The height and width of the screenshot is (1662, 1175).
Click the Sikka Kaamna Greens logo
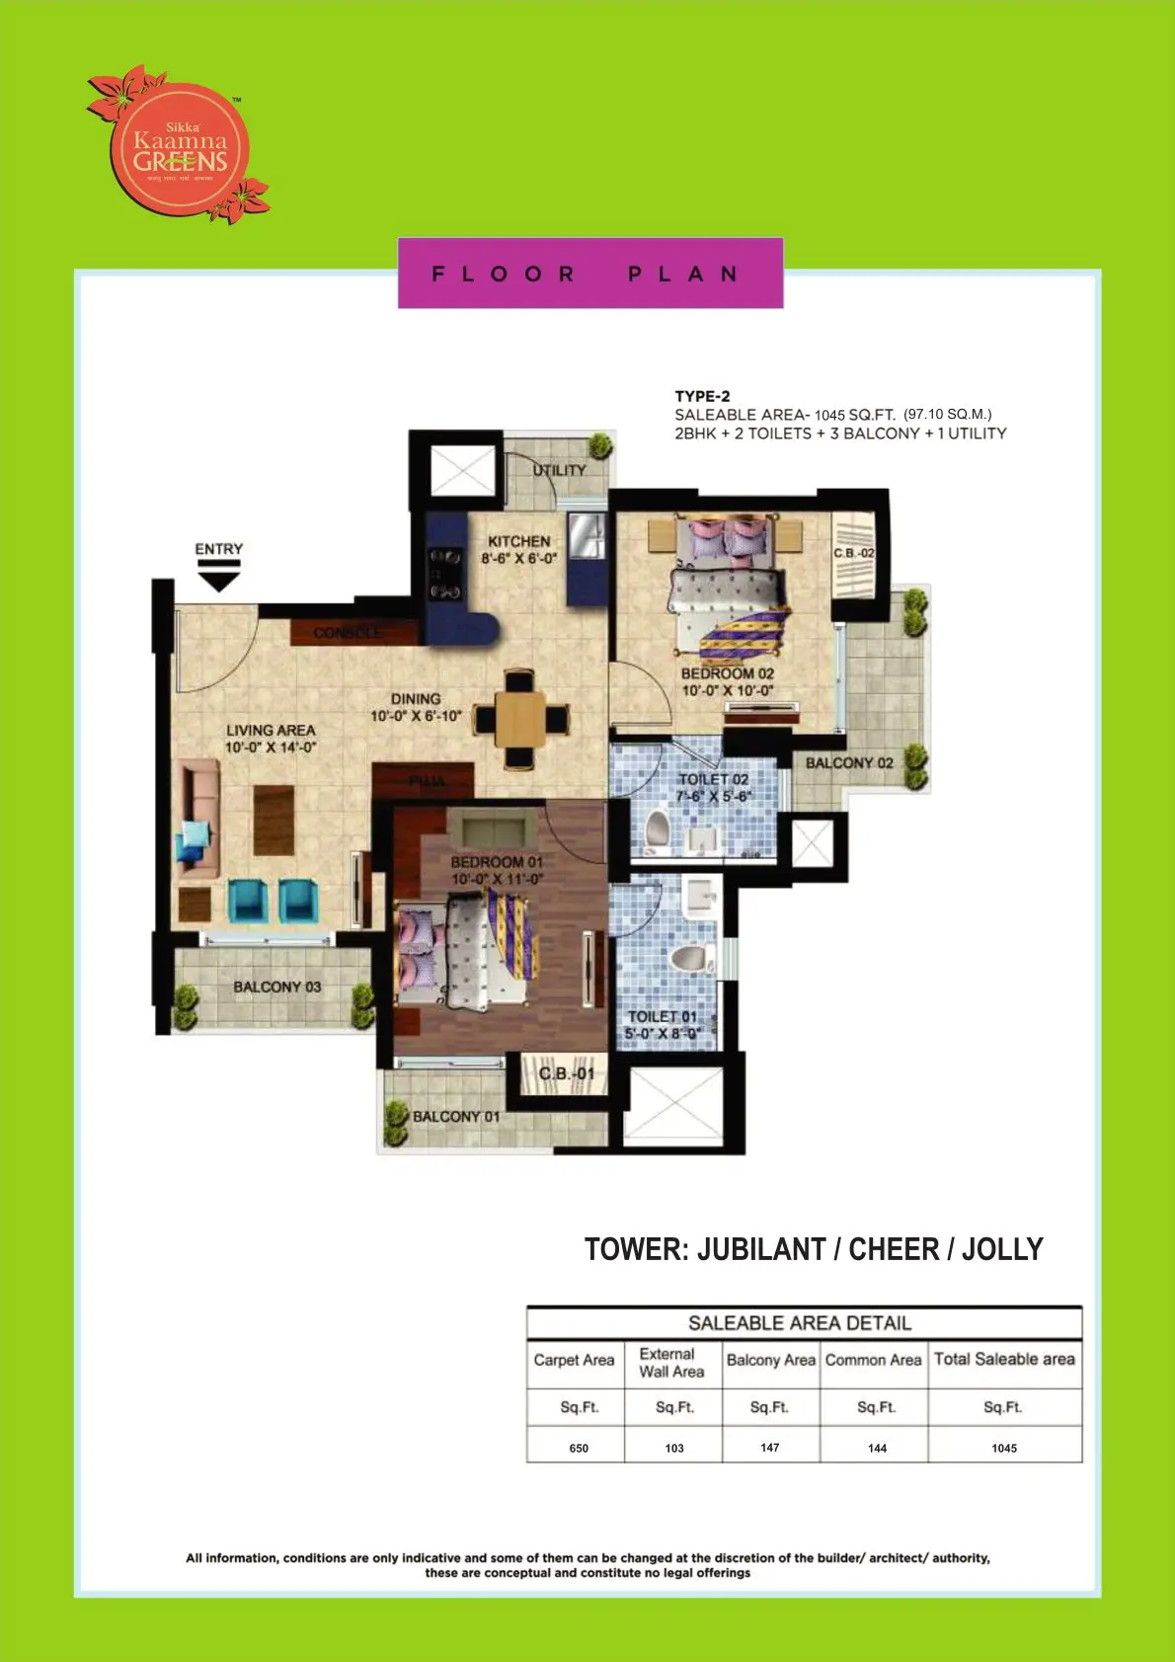(x=180, y=147)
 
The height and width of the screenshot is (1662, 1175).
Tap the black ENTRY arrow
(x=219, y=575)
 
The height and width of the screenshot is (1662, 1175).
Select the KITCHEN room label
(x=519, y=541)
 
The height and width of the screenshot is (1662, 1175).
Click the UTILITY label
(x=559, y=470)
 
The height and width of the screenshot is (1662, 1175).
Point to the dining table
(x=520, y=718)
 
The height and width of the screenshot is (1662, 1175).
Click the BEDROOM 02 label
(x=728, y=673)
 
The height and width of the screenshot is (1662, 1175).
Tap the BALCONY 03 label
(x=277, y=987)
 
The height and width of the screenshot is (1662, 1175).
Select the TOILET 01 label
(x=663, y=1016)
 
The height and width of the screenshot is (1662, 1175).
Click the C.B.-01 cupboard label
(x=567, y=1073)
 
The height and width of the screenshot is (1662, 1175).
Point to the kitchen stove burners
(x=444, y=574)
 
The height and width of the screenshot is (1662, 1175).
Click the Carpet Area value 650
(x=579, y=1448)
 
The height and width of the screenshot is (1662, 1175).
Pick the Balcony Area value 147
(x=770, y=1447)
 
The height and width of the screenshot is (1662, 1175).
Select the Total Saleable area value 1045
(x=1004, y=1448)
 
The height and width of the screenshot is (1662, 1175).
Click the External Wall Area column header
(x=671, y=1363)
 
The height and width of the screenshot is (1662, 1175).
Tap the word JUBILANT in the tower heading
(x=761, y=1249)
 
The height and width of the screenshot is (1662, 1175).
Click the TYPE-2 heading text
(x=702, y=396)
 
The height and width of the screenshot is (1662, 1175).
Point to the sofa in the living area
(x=197, y=818)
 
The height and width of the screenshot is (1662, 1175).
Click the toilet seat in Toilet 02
(x=658, y=829)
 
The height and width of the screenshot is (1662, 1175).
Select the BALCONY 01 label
(x=456, y=1116)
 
